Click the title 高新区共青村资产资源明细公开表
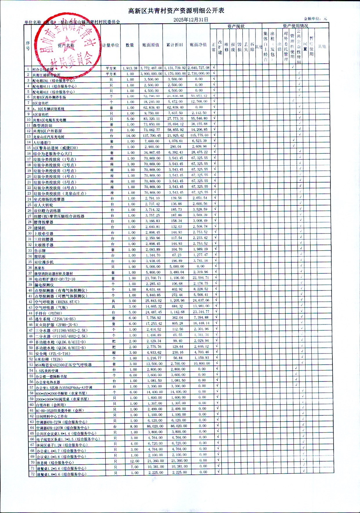[176, 11]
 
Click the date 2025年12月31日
[191, 20]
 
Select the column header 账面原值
[151, 45]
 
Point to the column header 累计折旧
[174, 45]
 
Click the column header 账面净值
[198, 45]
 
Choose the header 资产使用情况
[295, 26]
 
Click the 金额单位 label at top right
[315, 19]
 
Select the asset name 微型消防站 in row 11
[43, 125]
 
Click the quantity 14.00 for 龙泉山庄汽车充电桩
[131, 136]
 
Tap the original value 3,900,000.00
[151, 74]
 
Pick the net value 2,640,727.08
[198, 68]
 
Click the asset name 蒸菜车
[39, 268]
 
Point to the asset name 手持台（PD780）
[48, 313]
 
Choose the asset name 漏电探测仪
[44, 285]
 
